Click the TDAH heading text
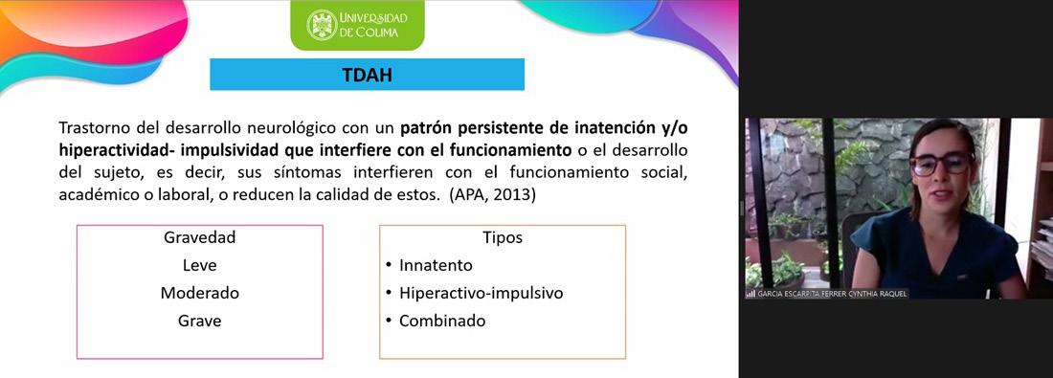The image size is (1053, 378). pos(367,76)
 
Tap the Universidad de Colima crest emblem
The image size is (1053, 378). pos(322,26)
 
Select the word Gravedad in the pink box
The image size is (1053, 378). pos(199,237)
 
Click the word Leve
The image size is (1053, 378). pos(199,265)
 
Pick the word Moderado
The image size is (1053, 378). pos(199,294)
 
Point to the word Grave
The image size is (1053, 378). pos(199,321)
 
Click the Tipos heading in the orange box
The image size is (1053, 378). pos(503,237)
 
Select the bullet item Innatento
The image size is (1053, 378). pos(436,265)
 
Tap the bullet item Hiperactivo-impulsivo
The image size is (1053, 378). pos(481,294)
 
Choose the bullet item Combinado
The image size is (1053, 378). pos(442,321)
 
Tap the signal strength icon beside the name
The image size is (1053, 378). pos(751,294)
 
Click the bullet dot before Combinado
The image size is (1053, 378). pos(389,321)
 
